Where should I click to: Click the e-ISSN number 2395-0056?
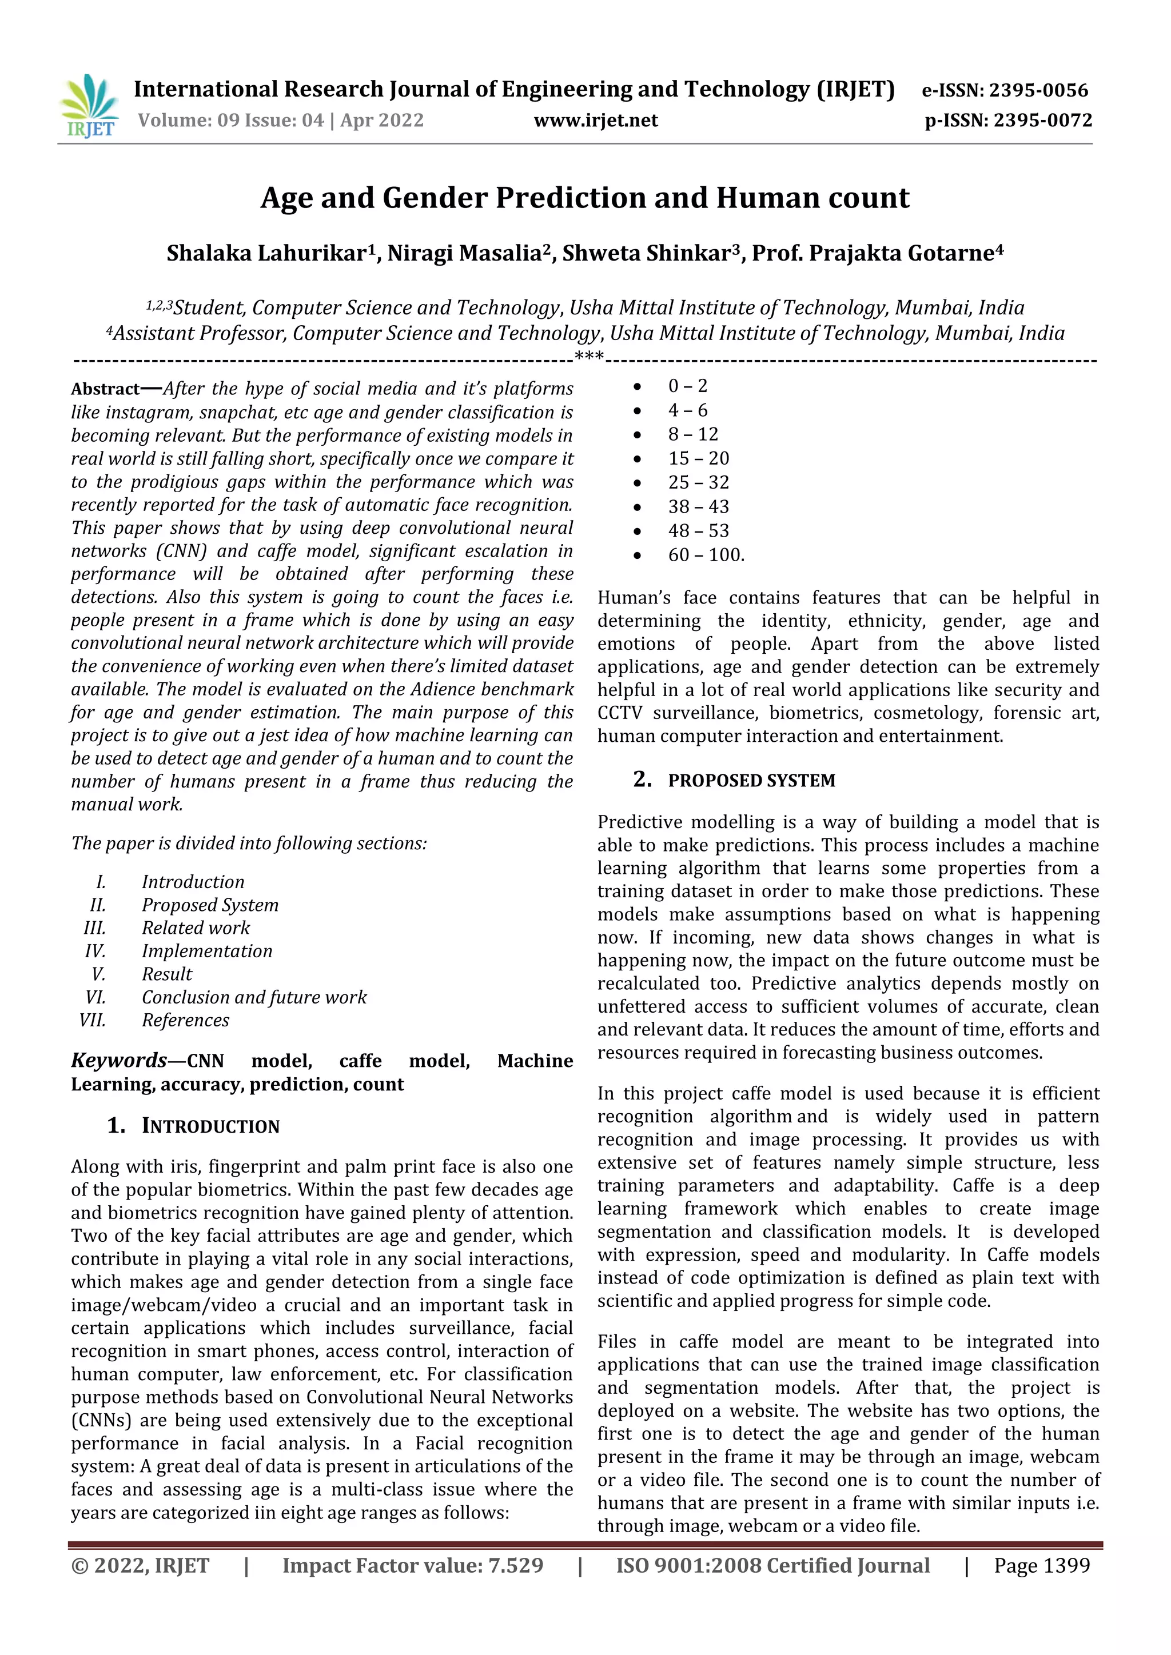pos(1038,90)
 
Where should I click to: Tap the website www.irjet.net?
pos(596,121)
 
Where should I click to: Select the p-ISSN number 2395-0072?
pos(1043,121)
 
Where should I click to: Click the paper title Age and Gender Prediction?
pos(585,198)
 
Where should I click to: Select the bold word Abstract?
pos(105,389)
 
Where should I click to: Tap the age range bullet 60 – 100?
pos(705,555)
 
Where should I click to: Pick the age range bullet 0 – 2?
pos(687,386)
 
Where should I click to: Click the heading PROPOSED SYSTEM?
pos(751,781)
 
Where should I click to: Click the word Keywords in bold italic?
pos(118,1060)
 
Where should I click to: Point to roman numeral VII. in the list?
pos(92,1020)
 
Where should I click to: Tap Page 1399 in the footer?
pos(1041,1566)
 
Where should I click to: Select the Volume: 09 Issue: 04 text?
pos(231,121)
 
